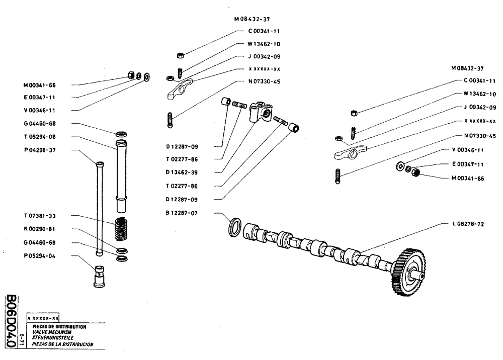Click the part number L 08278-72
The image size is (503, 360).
click(465, 224)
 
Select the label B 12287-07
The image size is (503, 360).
click(182, 213)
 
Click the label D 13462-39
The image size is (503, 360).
click(182, 172)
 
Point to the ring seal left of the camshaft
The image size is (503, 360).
click(234, 227)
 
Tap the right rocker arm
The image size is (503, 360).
click(351, 151)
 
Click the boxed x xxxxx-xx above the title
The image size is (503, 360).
click(43, 318)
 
